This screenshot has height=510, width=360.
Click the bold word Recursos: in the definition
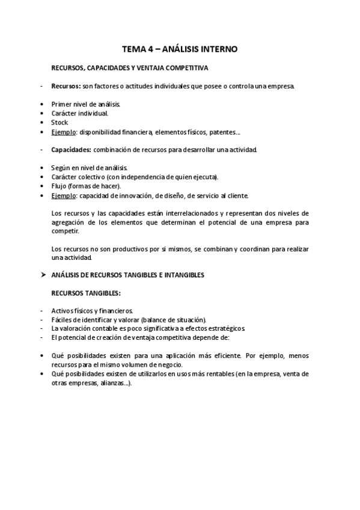click(x=66, y=86)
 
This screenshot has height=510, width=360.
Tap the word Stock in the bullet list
click(x=59, y=123)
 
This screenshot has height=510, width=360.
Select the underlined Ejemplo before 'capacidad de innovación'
click(x=64, y=195)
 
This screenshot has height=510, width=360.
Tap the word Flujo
click(x=59, y=186)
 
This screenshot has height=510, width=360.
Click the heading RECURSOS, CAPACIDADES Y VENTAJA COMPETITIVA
click(x=130, y=68)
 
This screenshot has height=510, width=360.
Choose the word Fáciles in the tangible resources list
click(x=63, y=320)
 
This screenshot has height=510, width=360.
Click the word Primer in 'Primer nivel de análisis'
click(x=62, y=104)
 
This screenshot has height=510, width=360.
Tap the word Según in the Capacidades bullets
click(x=61, y=167)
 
